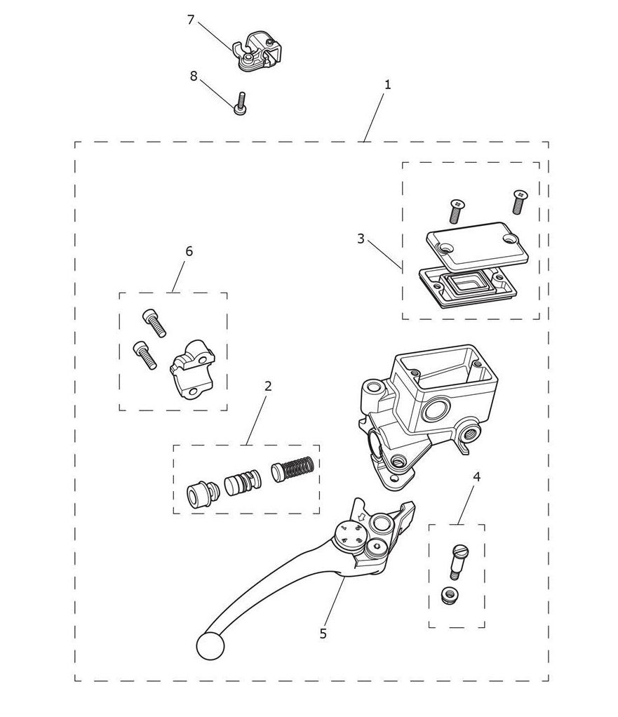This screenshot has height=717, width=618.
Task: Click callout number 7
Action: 191,20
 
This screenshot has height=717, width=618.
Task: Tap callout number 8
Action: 194,76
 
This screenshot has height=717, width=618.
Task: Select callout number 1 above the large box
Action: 388,85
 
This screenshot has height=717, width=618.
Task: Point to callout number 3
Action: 361,239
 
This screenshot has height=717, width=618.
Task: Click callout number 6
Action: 189,251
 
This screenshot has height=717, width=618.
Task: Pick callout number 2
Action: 268,386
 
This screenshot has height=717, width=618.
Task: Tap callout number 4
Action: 476,477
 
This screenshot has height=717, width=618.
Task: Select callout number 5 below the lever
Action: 323,634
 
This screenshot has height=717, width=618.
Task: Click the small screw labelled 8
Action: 241,103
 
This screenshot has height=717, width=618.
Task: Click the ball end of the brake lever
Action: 210,645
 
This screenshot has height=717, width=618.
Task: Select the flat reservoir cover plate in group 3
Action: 477,245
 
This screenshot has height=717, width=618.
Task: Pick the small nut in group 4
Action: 449,596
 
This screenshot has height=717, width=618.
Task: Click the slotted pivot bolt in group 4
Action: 459,561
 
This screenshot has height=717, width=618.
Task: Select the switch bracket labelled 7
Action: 257,51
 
